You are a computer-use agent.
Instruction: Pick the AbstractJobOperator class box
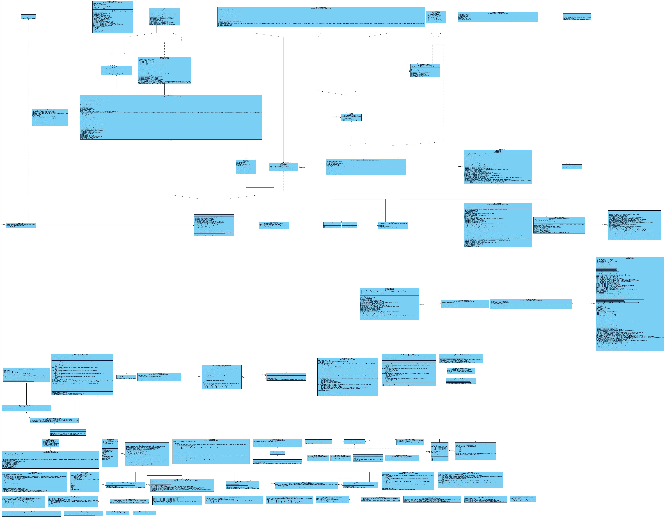[x=164, y=71]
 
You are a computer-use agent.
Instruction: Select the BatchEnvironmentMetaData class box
[x=498, y=17]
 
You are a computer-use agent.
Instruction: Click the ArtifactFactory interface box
[x=577, y=17]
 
